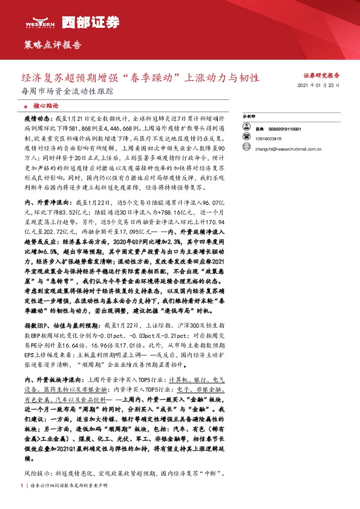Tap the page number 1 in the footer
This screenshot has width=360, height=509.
coord(22,485)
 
